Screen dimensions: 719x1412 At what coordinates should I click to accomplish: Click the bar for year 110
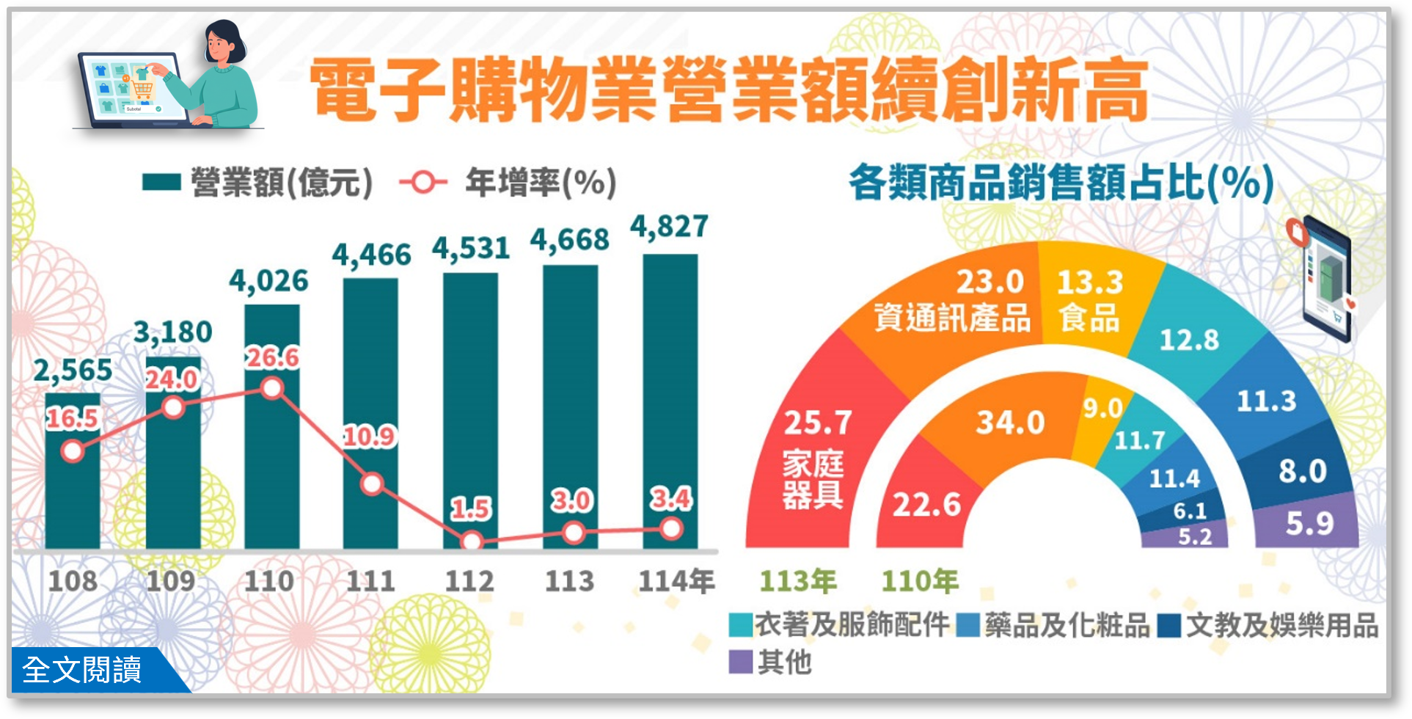pyautogui.click(x=272, y=440)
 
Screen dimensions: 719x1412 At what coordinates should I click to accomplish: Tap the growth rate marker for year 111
pyautogui.click(x=373, y=484)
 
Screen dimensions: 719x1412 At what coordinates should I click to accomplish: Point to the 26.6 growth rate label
pyautogui.click(x=272, y=358)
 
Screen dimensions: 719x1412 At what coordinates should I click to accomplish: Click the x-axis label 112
pyautogui.click(x=469, y=581)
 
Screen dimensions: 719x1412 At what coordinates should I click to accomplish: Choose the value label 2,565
pyautogui.click(x=73, y=371)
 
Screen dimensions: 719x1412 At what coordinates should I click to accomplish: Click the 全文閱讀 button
pyautogui.click(x=83, y=670)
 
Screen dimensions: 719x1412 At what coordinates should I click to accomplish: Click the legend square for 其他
pyautogui.click(x=741, y=662)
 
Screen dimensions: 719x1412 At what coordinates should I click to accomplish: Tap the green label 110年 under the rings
pyautogui.click(x=920, y=581)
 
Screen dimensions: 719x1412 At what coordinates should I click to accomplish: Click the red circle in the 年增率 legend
pyautogui.click(x=424, y=182)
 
